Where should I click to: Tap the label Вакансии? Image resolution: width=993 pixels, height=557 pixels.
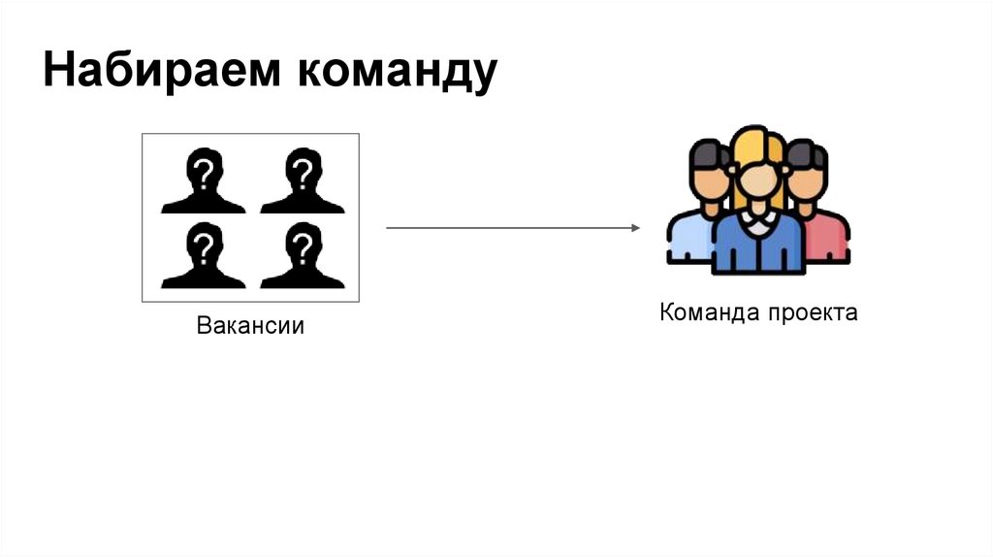[250, 325]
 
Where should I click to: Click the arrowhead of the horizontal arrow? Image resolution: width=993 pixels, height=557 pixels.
[635, 228]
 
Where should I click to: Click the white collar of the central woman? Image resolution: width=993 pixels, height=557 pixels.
[758, 221]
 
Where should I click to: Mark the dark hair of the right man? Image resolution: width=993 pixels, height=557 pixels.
[807, 153]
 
